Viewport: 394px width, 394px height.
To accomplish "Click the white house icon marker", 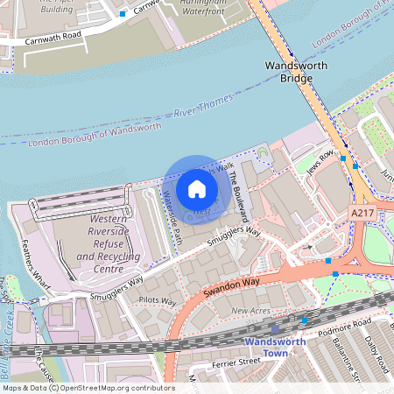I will [197, 188].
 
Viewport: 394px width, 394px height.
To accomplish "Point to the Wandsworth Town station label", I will [278, 347].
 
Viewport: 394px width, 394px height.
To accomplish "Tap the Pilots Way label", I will [158, 301].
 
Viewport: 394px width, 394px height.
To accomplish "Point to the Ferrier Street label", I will [236, 360].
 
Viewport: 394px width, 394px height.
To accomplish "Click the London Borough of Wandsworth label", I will [95, 135].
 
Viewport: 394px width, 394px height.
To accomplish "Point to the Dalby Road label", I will [378, 350].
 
